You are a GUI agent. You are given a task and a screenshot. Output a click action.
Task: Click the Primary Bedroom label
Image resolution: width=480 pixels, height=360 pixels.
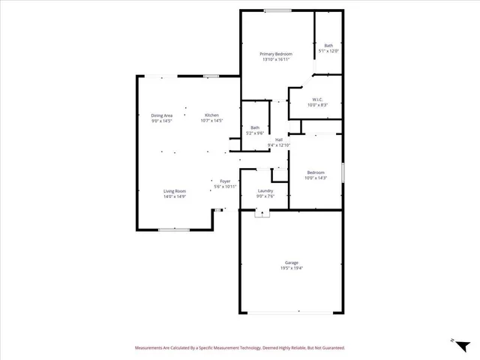tap(276, 54)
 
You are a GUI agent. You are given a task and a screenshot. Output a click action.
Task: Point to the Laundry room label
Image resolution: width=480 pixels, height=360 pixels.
tap(265, 191)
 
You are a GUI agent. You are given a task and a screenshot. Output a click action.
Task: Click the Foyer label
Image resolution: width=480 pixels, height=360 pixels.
tap(225, 181)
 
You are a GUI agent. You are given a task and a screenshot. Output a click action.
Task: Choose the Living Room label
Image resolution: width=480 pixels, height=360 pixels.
tap(175, 191)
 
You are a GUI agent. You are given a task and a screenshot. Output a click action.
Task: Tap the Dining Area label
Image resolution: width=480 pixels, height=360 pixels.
tap(162, 115)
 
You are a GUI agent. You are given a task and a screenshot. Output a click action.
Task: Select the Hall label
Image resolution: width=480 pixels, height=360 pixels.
tap(279, 139)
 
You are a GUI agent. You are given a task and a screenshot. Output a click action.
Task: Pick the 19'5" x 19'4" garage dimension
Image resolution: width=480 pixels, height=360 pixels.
tap(292, 268)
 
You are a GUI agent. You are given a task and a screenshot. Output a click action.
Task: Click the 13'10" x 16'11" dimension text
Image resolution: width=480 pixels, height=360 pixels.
tap(276, 59)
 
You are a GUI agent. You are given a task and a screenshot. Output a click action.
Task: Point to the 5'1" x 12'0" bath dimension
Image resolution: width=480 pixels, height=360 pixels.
tap(328, 50)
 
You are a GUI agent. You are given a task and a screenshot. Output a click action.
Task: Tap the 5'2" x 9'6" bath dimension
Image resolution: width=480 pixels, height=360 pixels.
tap(255, 133)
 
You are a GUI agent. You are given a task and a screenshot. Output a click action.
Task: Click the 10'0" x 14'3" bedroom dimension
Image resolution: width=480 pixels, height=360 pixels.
tap(315, 178)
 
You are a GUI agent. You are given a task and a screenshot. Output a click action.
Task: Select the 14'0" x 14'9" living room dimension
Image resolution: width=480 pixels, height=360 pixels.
tap(175, 196)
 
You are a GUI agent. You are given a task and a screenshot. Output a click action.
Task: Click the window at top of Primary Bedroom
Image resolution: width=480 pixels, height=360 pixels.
tap(277, 10)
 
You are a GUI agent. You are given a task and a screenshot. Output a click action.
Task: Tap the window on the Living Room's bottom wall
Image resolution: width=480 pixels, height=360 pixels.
tap(173, 229)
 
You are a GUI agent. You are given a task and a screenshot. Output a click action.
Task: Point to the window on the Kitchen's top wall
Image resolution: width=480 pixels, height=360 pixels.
tap(212, 75)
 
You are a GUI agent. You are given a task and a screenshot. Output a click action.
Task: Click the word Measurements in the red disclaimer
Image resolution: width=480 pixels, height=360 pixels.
tap(151, 348)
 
